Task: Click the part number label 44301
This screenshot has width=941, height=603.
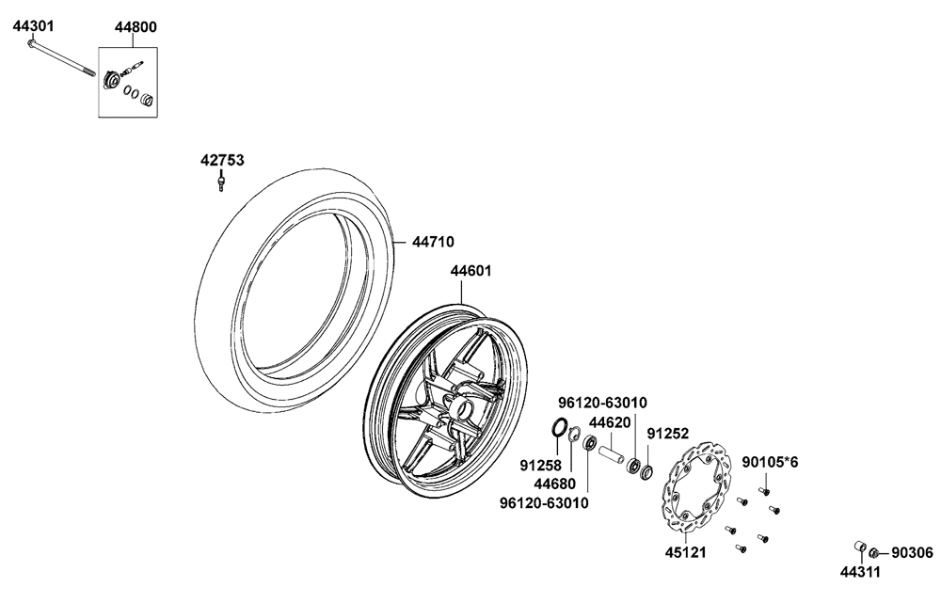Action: (34, 25)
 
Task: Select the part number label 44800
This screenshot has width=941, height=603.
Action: (136, 27)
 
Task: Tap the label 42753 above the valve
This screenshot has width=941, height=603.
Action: (222, 160)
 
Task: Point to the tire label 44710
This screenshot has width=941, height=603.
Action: (433, 242)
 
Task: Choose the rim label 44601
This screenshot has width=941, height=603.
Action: (471, 271)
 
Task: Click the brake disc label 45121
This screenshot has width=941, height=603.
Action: (685, 552)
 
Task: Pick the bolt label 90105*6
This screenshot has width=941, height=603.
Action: (770, 462)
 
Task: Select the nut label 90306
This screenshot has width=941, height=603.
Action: (912, 552)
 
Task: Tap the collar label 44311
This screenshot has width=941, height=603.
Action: (860, 572)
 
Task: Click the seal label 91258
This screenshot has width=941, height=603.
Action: (540, 465)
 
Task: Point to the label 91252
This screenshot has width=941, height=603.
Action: (667, 433)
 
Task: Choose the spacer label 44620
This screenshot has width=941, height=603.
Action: (610, 422)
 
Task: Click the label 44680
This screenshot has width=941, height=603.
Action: (554, 483)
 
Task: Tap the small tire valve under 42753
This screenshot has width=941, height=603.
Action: (221, 182)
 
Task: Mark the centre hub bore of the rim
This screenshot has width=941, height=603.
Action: (463, 411)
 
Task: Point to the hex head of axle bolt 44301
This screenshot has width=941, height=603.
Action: (31, 43)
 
